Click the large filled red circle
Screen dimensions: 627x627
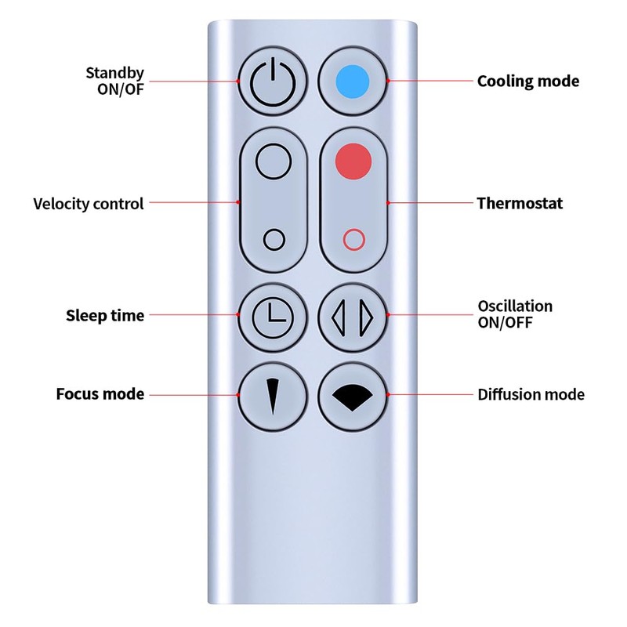353,161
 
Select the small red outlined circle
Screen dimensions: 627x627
353,240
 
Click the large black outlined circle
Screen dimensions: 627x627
274,161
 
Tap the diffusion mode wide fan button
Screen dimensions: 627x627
353,394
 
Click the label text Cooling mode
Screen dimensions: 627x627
528,81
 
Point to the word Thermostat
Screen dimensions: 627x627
520,203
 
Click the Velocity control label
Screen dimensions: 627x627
89,204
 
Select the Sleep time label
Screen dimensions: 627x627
105,316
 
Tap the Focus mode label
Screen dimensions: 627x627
100,393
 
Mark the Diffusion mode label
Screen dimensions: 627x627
531,394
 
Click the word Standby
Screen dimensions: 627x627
115,74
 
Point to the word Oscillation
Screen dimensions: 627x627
515,306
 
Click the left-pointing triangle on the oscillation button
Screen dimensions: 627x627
339,315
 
